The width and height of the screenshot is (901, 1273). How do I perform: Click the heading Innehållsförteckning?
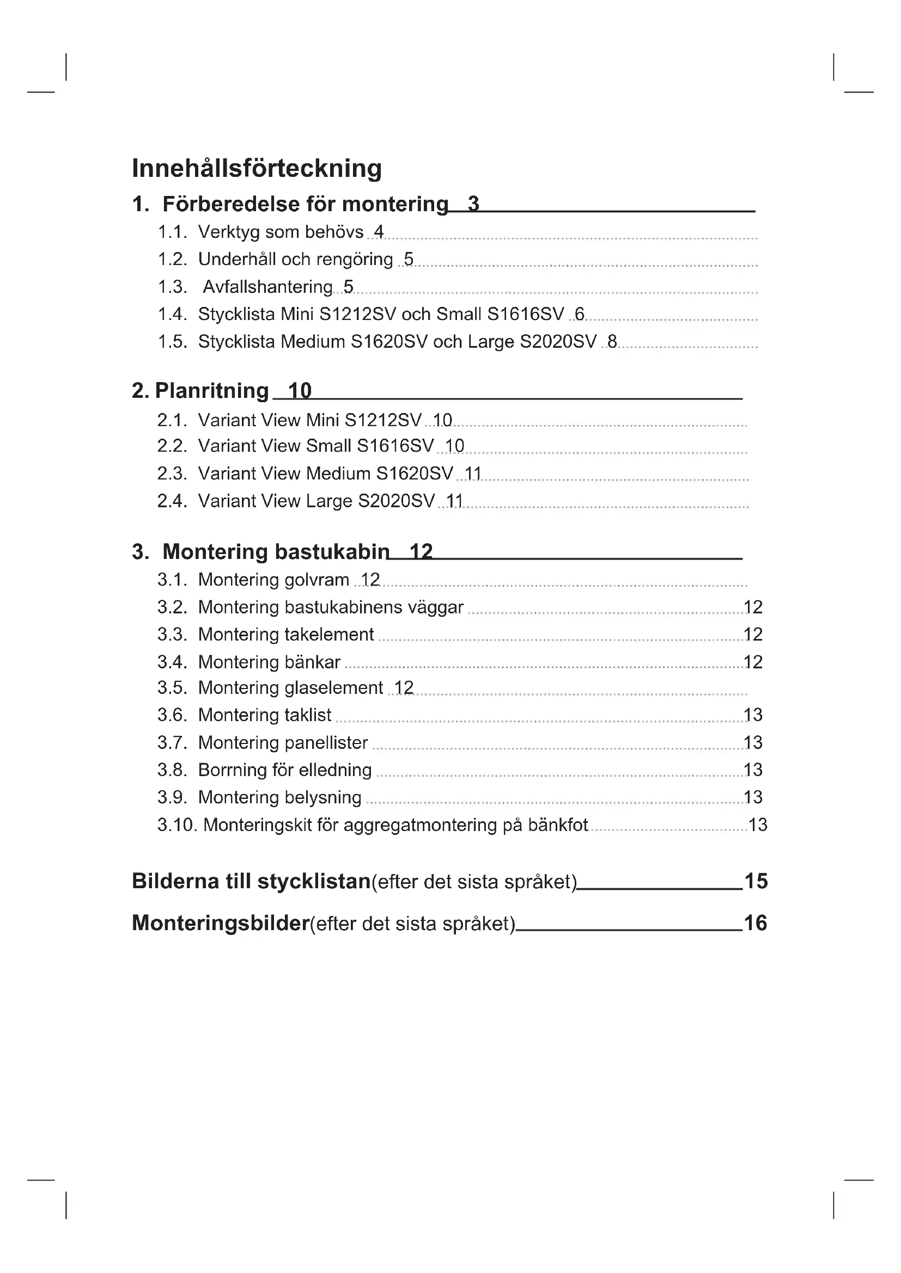(257, 168)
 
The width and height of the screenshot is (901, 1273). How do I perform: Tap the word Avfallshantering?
(267, 287)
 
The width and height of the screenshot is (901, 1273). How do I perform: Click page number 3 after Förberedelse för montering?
(473, 204)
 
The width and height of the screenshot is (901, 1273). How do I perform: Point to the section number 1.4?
(172, 315)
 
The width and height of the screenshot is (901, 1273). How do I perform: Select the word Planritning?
(212, 391)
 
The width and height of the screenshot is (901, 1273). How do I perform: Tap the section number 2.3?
(172, 473)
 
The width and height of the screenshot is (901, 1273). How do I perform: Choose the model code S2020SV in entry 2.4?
(396, 501)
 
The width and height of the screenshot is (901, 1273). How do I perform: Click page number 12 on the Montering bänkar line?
(752, 662)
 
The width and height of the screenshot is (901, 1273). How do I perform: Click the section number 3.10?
(177, 825)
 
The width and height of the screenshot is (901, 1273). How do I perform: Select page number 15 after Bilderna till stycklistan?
(756, 881)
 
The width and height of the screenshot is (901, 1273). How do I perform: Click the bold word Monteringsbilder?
(220, 923)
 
